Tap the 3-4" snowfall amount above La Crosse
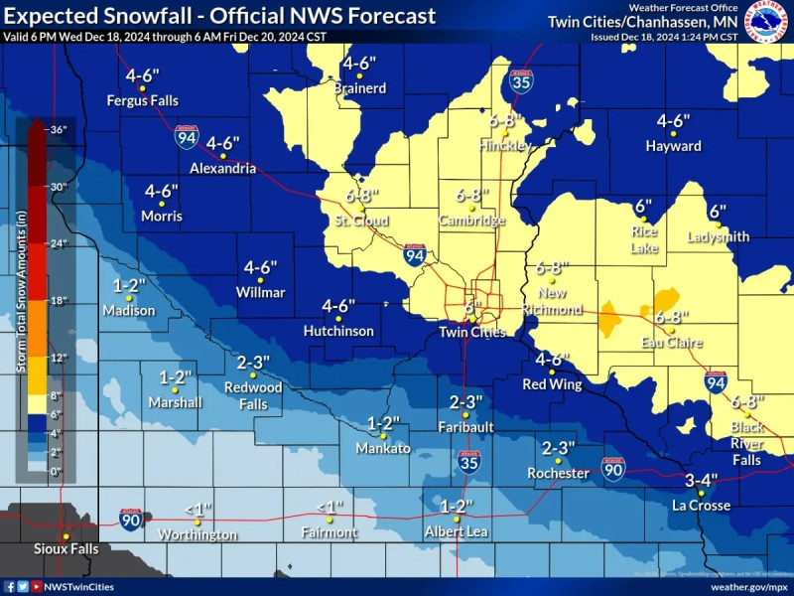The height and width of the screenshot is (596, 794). point(702,481)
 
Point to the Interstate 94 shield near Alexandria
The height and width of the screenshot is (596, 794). point(186,137)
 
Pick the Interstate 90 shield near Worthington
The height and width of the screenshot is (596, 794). point(131,518)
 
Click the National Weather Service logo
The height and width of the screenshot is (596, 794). point(767,21)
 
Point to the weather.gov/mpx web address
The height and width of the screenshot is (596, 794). point(745,586)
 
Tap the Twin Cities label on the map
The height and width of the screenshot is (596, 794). point(472,333)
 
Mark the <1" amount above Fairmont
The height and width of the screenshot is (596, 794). point(330,508)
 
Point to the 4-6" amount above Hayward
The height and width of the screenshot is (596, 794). point(673,121)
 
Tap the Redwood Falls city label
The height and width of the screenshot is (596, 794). point(253,395)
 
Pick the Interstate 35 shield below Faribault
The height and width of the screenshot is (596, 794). point(469,460)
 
